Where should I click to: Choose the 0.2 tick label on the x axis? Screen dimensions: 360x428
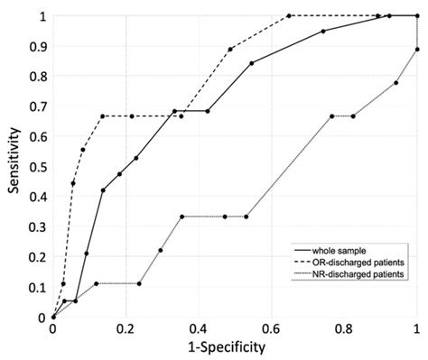pos(126,331)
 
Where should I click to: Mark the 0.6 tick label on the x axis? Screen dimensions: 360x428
pos(271,331)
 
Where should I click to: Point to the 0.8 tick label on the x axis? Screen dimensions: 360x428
pos(344,331)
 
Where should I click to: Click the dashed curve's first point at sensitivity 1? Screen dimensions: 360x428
pos(289,15)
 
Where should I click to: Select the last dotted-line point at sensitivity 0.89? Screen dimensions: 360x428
pos(416,50)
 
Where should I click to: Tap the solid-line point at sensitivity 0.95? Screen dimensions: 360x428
pos(323,31)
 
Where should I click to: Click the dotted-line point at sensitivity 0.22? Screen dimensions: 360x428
pos(161,251)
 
